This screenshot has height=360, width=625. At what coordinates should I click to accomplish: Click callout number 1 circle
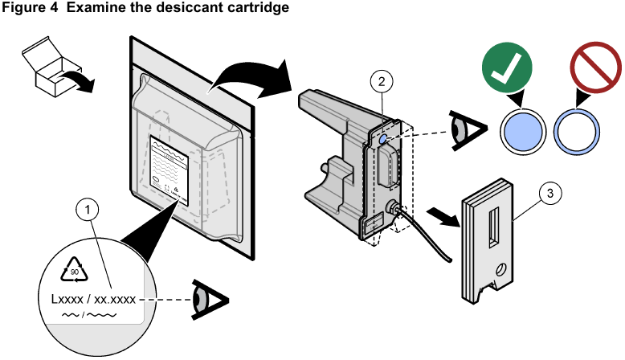(89, 210)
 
